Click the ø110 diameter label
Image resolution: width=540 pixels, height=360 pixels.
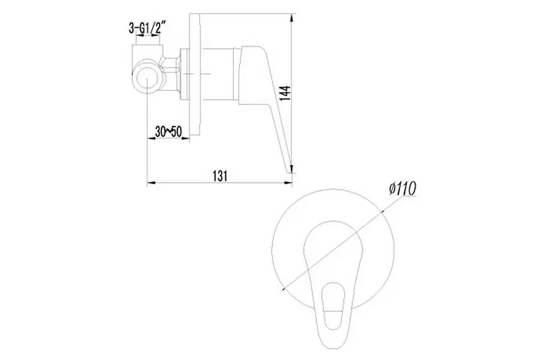(403, 188)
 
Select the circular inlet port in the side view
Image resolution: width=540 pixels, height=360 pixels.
(147, 79)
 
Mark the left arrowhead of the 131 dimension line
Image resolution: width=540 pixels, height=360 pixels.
(151, 182)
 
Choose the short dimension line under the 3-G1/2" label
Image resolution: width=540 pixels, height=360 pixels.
(149, 38)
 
